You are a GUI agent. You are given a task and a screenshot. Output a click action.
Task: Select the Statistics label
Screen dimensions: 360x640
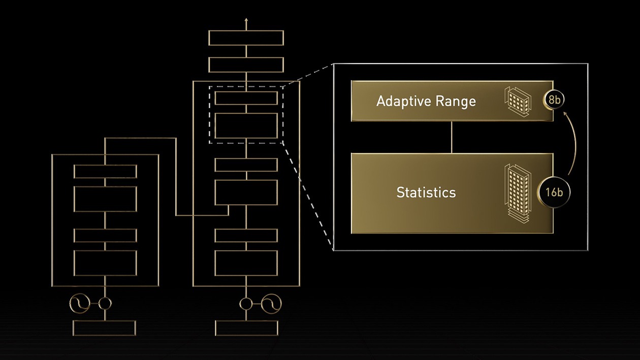(x=426, y=192)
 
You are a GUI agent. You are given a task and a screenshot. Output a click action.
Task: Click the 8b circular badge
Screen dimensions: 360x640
(x=554, y=101)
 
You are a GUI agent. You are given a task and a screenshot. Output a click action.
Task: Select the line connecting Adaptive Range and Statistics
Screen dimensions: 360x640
(x=452, y=137)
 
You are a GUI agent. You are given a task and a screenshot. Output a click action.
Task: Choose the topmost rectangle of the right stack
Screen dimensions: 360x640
(x=246, y=38)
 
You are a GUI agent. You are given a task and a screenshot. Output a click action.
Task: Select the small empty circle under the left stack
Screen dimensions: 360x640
(x=105, y=304)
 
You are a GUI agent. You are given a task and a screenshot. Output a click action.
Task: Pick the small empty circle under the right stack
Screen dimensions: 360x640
(x=246, y=304)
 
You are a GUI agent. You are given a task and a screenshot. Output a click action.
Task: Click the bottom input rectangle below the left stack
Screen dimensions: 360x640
(x=105, y=328)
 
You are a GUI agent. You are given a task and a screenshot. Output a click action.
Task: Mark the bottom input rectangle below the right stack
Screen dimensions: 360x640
(x=246, y=328)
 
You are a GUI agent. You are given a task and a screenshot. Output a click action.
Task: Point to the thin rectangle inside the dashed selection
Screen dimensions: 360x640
(x=246, y=98)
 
